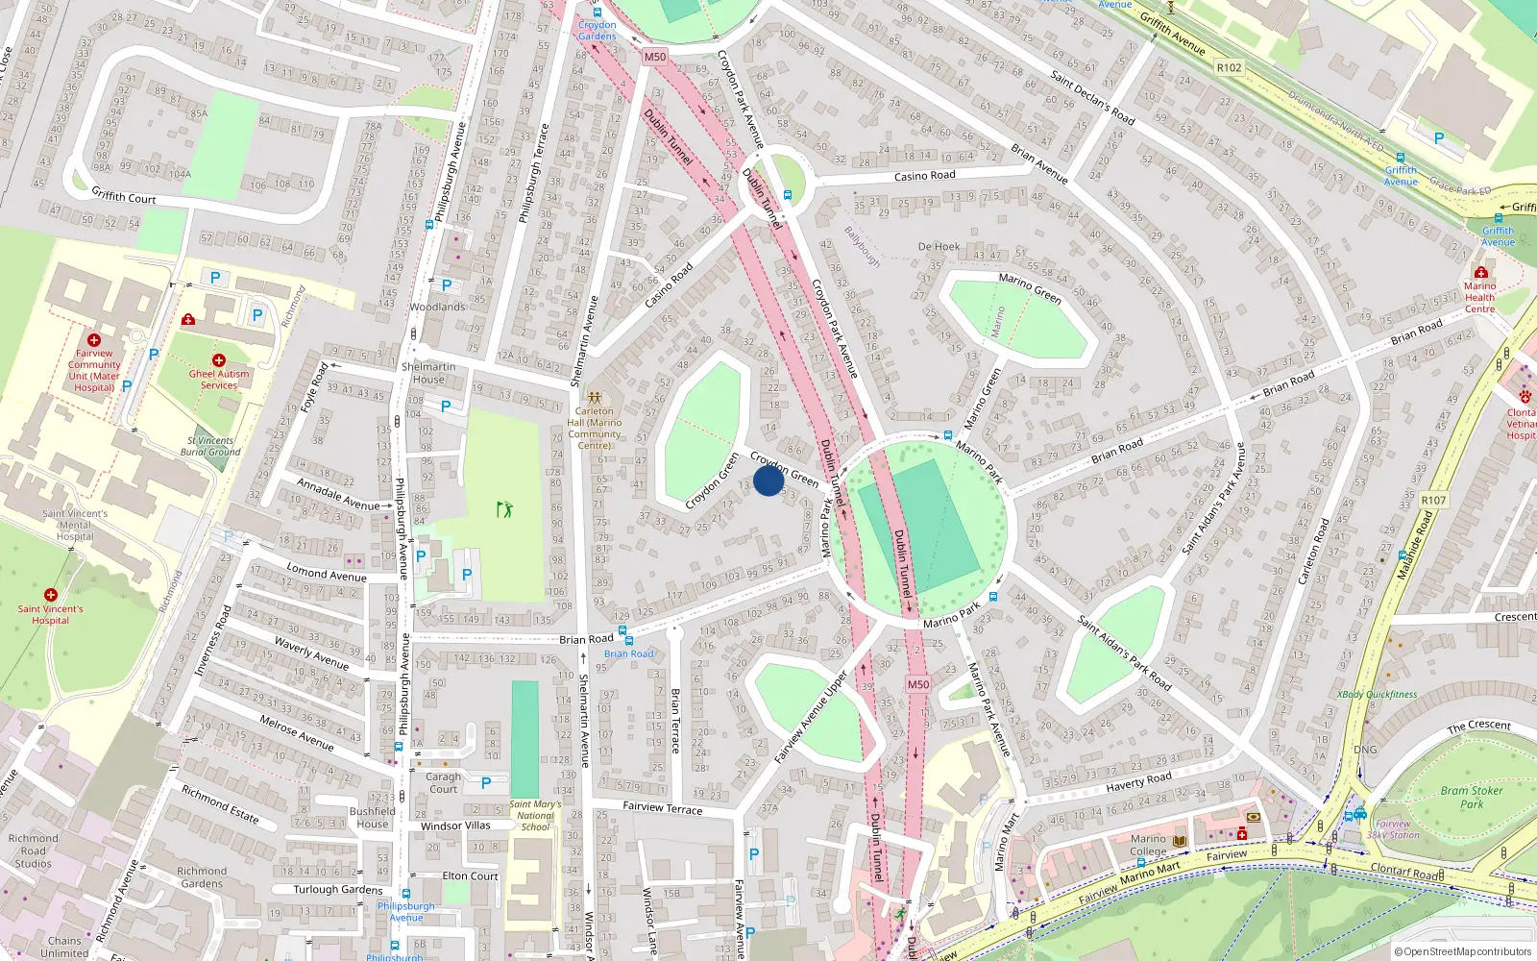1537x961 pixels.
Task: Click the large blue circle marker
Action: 768,480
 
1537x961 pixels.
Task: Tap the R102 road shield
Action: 1229,67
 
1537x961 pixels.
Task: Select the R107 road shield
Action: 1433,500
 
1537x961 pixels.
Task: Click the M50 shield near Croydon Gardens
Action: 654,57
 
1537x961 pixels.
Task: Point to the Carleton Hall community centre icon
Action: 595,397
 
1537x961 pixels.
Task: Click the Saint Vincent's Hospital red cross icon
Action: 51,595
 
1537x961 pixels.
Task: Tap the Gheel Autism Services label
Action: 218,380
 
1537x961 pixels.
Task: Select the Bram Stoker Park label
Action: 1472,797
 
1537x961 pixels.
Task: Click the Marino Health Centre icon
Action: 1480,273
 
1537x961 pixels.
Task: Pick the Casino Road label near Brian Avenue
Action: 924,176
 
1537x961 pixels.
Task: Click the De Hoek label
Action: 939,247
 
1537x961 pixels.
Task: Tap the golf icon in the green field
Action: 504,508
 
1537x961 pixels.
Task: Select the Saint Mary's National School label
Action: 535,815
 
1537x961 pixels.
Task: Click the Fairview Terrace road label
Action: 662,807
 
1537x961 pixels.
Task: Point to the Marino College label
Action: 1148,845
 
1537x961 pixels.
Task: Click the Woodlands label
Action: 437,307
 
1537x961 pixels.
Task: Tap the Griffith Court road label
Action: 123,196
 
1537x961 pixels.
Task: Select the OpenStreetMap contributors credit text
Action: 1462,952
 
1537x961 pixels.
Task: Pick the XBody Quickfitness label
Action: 1377,694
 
